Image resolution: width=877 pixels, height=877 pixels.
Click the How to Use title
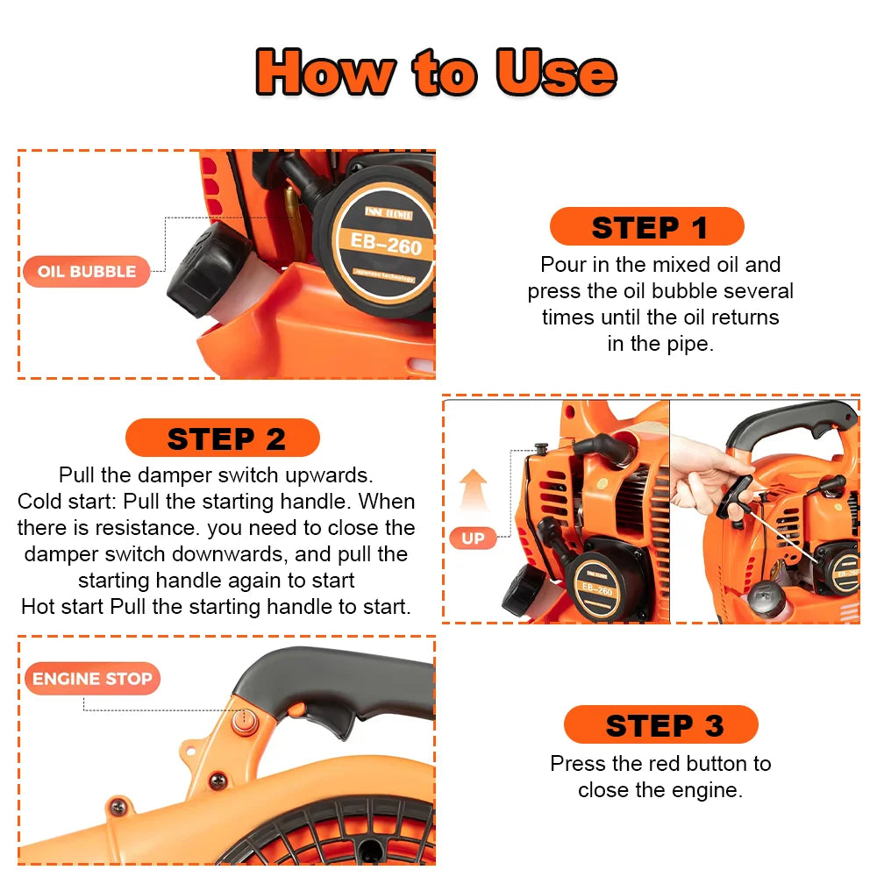(436, 72)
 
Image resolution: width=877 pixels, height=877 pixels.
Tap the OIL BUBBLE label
(87, 271)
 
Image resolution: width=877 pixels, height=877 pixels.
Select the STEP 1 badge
(647, 227)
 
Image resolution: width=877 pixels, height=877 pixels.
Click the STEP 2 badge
(223, 438)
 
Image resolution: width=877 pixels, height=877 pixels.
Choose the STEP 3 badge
(661, 725)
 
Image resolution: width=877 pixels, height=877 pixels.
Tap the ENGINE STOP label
(92, 679)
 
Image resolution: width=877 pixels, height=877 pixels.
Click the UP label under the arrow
(473, 538)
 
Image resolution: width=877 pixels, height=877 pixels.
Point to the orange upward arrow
(474, 492)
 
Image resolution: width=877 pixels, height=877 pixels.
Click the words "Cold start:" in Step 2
(68, 502)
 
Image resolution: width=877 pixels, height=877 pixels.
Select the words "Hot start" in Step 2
(63, 606)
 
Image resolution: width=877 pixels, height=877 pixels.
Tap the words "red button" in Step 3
(695, 763)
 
